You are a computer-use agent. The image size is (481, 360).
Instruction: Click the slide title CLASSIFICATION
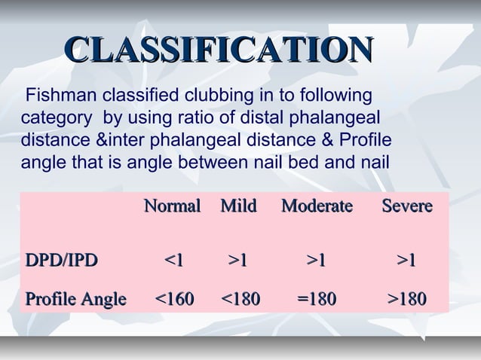[x=219, y=50]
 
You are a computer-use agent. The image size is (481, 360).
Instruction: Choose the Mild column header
[x=238, y=206]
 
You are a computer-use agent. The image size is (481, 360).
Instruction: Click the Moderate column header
[x=317, y=206]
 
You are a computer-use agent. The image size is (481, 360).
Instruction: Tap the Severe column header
[x=406, y=206]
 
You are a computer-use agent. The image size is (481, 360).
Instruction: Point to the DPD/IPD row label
[x=62, y=261]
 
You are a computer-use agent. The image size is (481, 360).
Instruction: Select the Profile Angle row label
[x=75, y=301]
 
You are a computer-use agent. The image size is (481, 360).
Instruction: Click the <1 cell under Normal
[x=173, y=261]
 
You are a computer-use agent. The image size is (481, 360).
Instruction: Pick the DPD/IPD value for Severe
[x=406, y=261]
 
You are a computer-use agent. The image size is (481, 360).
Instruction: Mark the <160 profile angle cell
[x=173, y=301]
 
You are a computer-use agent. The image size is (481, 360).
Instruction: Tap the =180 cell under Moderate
[x=317, y=301]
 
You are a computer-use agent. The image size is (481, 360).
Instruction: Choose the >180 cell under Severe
[x=406, y=301]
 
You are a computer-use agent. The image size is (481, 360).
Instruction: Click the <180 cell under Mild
[x=240, y=301]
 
